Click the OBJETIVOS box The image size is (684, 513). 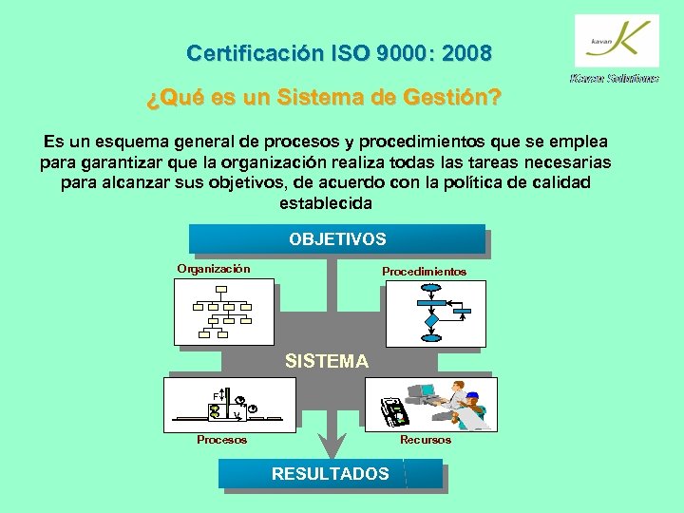337,239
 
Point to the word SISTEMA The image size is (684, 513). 327,361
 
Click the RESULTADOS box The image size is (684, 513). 330,473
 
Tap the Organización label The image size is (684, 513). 214,269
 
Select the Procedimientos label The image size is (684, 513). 424,272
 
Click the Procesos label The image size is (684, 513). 221,440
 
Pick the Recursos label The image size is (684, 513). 426,440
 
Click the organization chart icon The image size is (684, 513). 219,310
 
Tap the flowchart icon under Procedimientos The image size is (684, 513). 436,310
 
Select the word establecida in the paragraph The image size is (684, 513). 326,203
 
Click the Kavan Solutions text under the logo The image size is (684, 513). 615,79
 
